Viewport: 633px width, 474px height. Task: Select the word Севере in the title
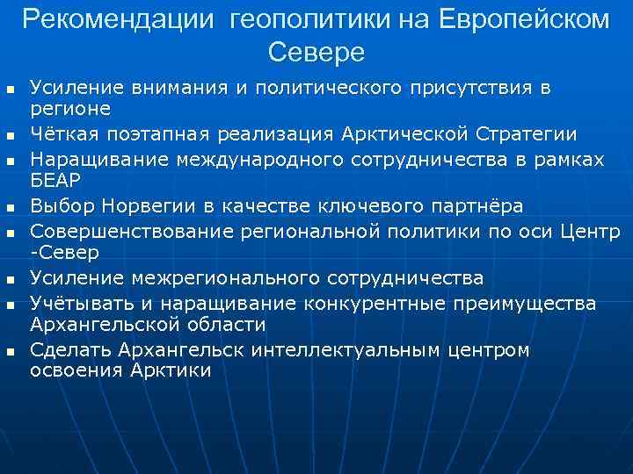point(316,53)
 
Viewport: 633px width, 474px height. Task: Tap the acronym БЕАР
point(55,180)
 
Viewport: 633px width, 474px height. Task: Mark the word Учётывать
point(76,303)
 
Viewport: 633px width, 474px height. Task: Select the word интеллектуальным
point(349,350)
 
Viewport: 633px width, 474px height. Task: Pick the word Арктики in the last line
point(172,370)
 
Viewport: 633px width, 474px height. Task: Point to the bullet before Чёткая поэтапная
point(11,136)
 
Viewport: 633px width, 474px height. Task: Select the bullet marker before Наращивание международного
point(11,162)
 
